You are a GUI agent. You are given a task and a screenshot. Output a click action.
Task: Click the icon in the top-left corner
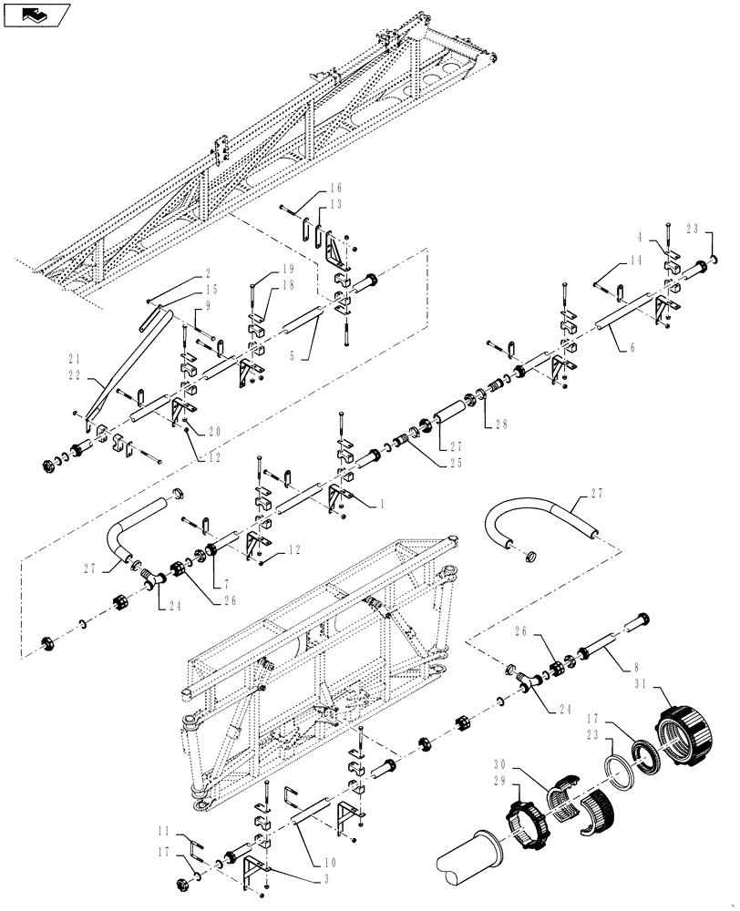click(x=36, y=14)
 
